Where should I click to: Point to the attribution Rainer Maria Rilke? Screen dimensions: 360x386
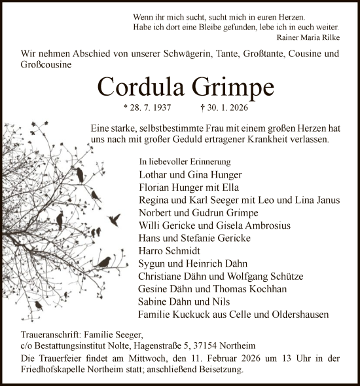point(308,37)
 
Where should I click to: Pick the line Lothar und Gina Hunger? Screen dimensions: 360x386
point(181,175)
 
